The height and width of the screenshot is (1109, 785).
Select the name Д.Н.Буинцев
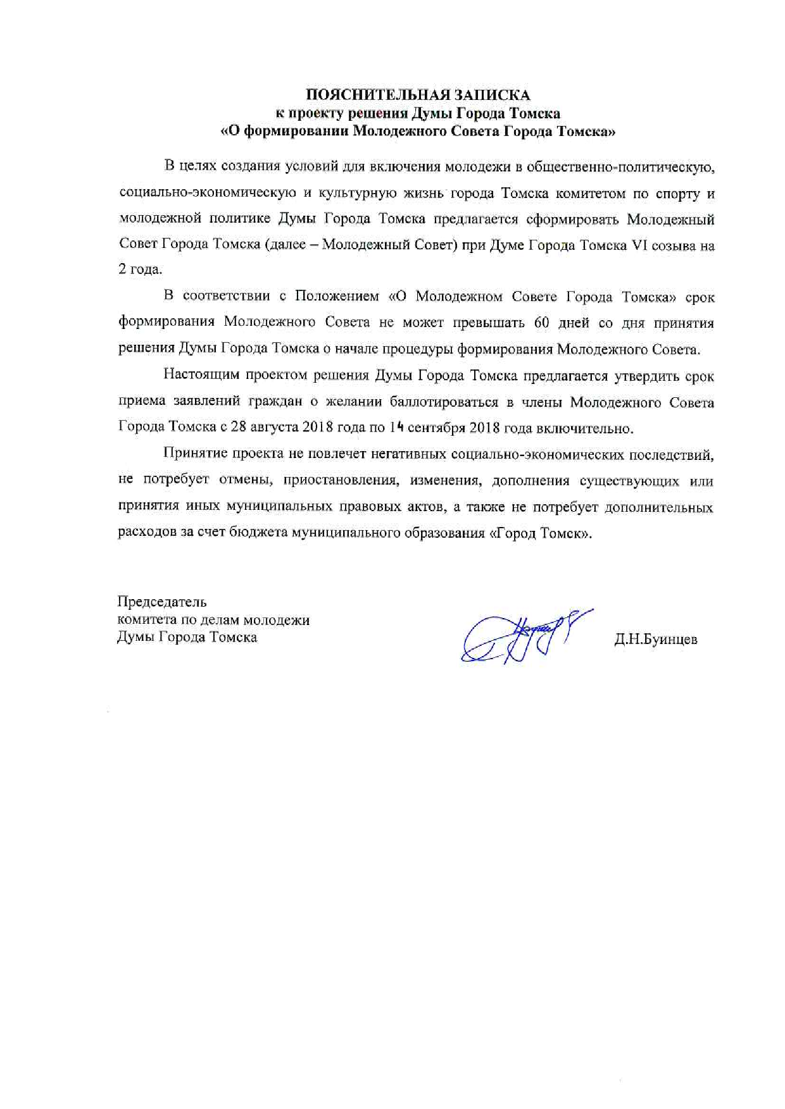[x=655, y=639]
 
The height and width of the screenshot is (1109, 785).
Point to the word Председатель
[x=162, y=601]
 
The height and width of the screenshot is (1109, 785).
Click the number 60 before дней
[x=542, y=323]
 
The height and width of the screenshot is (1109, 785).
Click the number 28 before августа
[x=238, y=427]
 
